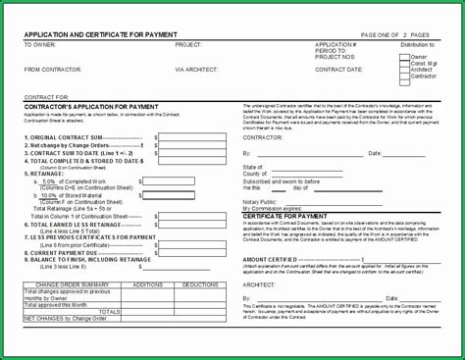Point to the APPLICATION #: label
coord(336,45)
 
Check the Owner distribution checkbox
coord(403,57)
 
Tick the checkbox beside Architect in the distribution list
coord(403,70)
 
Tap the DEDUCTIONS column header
coord(200,283)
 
